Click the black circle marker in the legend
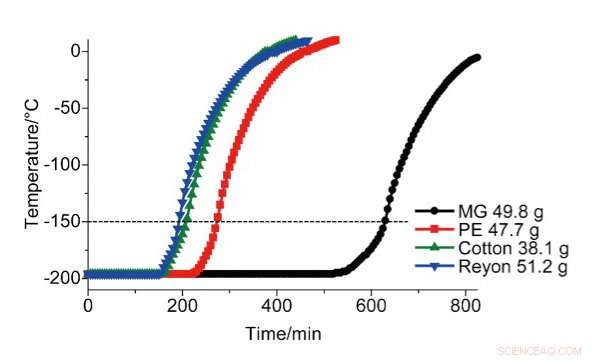tap(435, 211)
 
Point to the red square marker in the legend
tap(435, 229)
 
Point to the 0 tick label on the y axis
tap(74, 51)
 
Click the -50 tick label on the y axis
tap(66, 108)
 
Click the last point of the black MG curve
tap(476, 57)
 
